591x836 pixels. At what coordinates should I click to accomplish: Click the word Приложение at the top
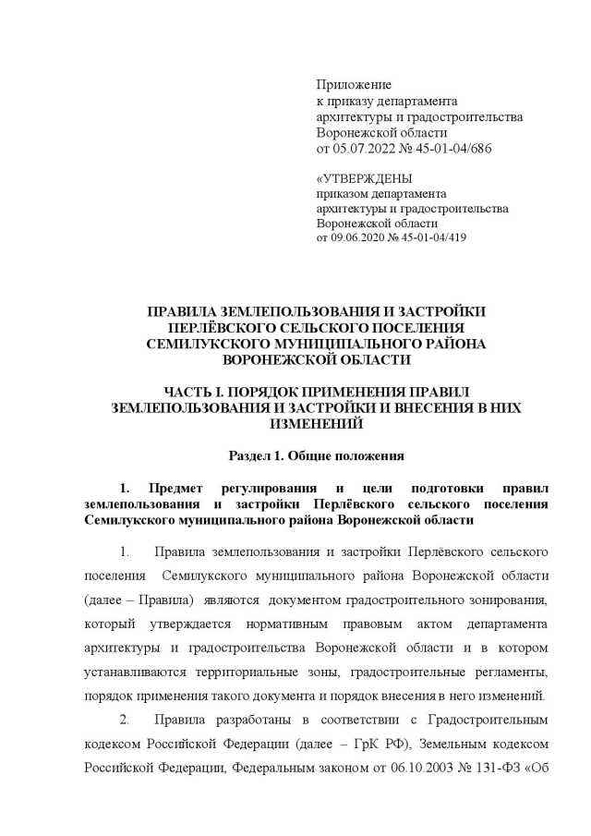(354, 85)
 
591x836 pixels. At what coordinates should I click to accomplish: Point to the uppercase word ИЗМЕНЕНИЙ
(317, 424)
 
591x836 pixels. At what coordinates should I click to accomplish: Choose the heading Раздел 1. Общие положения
(317, 456)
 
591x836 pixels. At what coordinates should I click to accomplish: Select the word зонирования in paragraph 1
(508, 600)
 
